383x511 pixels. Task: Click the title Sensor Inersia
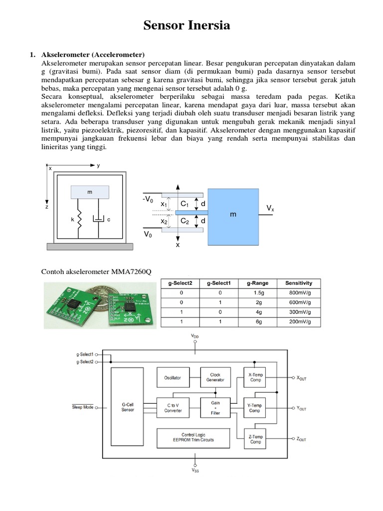(x=187, y=26)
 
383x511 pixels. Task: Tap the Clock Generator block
(x=215, y=378)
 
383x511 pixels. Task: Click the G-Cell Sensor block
(x=128, y=407)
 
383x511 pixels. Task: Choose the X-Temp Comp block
(x=255, y=378)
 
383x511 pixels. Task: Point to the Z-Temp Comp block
(x=255, y=439)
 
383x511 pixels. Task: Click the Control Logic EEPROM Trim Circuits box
(x=191, y=438)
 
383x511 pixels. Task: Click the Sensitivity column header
(x=299, y=282)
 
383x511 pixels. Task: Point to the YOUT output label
(x=302, y=408)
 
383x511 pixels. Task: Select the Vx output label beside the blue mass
(x=270, y=208)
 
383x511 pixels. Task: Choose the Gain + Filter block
(x=215, y=407)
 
